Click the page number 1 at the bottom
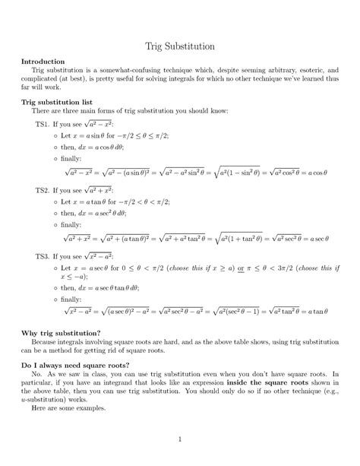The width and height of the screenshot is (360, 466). pyautogui.click(x=179, y=439)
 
